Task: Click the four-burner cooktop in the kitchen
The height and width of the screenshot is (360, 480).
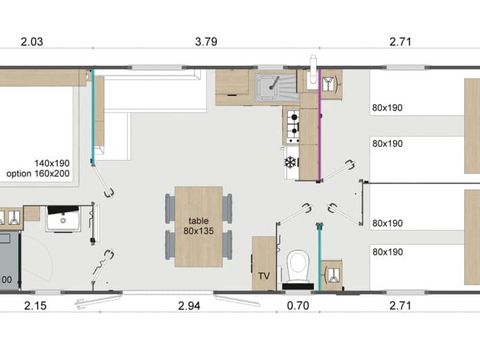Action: [293, 125]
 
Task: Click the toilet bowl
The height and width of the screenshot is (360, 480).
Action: [297, 267]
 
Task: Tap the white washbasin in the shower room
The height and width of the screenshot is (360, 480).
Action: [62, 217]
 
